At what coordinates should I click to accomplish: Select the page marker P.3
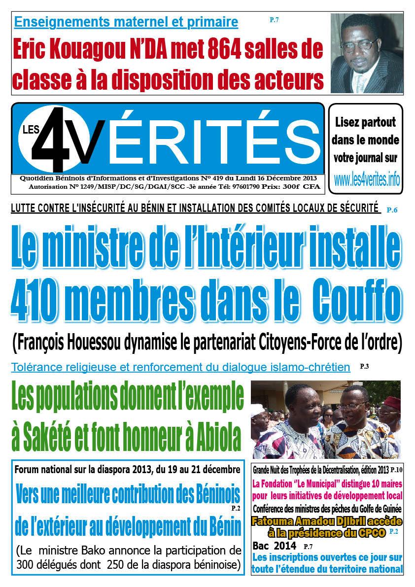pos(364,366)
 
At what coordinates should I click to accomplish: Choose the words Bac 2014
pos(274,546)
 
